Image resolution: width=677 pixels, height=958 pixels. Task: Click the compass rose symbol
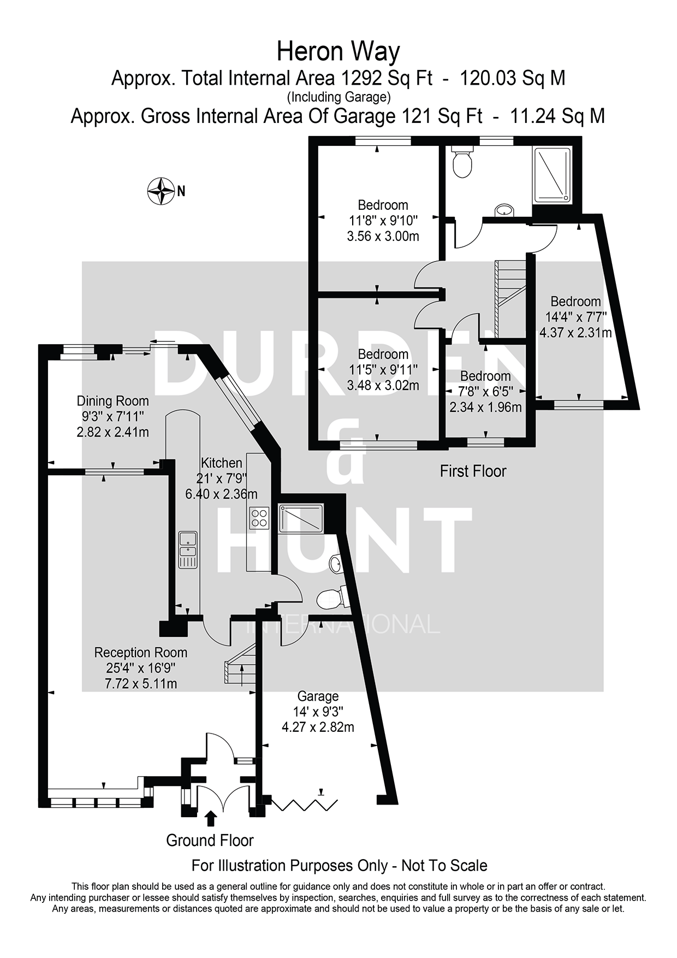(x=161, y=191)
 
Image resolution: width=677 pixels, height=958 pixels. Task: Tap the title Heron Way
(x=338, y=52)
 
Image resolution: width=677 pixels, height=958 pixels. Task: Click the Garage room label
(x=318, y=696)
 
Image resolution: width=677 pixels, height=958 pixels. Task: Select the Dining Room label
(x=112, y=401)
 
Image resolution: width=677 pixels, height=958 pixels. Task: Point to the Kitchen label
(x=221, y=463)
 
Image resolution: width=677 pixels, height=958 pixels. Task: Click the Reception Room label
(x=141, y=653)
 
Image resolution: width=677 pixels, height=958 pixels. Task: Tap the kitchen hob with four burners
(x=259, y=517)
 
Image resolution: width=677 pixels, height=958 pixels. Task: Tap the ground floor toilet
(x=331, y=598)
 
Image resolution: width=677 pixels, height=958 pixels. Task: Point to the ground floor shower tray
(x=300, y=518)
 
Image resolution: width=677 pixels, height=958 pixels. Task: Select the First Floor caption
(x=473, y=471)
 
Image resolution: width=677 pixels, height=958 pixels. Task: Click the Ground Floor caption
(x=210, y=840)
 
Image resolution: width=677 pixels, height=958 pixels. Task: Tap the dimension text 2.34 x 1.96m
(x=485, y=407)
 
